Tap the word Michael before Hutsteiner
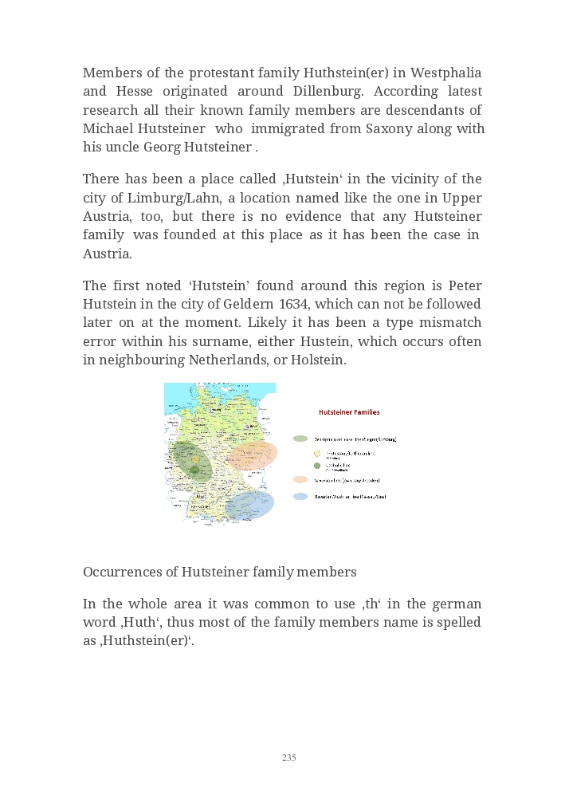[108, 128]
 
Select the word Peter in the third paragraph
[465, 285]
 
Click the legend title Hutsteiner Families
[349, 412]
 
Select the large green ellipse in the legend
[300, 439]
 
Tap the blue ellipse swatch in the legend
[300, 496]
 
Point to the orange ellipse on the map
[253, 456]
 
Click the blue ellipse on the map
[249, 505]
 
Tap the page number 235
[288, 758]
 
